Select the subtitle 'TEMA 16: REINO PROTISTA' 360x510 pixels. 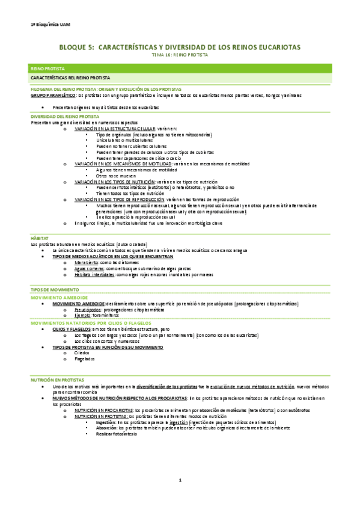tap(180, 55)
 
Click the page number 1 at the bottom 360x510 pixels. tap(180, 480)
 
